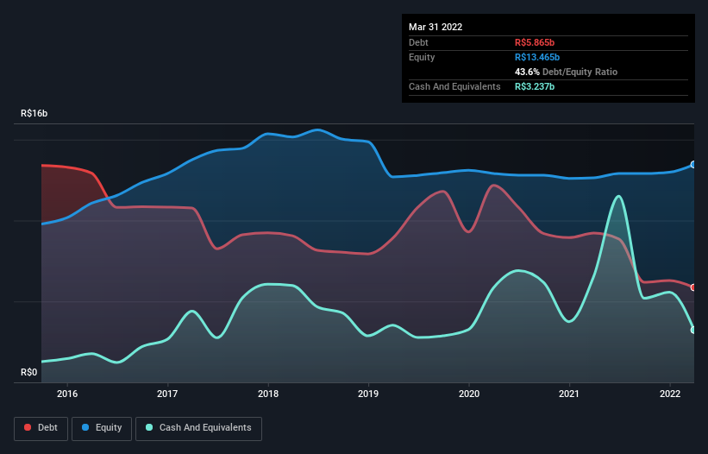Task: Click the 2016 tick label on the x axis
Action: coord(67,394)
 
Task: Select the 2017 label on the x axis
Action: coord(167,394)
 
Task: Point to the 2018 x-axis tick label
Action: coord(268,394)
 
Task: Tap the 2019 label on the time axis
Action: coord(368,394)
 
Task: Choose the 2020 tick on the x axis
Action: coord(469,394)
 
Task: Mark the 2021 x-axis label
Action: coord(569,394)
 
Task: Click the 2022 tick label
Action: coord(670,394)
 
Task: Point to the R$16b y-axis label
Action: coord(35,114)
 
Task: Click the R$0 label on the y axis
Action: coord(29,373)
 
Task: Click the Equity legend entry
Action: coord(102,428)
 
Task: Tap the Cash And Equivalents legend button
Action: coord(198,428)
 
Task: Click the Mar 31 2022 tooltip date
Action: coord(435,27)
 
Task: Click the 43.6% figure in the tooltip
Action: coord(529,72)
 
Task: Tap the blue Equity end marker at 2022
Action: coord(693,164)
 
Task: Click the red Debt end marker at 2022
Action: coord(693,287)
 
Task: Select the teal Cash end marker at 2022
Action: coord(693,330)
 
